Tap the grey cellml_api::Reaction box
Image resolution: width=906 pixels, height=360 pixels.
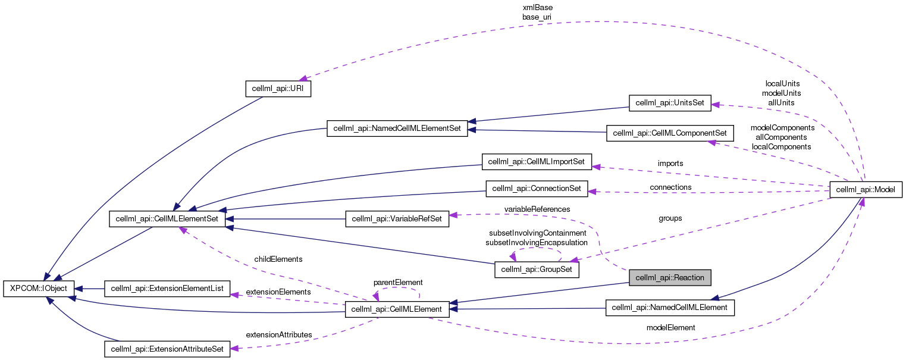click(670, 277)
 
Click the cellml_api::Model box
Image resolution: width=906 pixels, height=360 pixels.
click(866, 190)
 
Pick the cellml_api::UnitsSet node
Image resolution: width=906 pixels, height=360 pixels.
click(670, 102)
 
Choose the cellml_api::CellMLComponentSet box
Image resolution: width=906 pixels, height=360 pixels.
click(670, 133)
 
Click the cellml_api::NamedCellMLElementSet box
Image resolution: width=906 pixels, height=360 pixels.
click(397, 129)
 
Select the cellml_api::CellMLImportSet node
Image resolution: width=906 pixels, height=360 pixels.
click(536, 161)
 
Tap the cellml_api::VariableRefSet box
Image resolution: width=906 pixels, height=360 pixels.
click(397, 219)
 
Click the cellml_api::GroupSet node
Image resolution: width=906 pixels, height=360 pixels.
click(537, 270)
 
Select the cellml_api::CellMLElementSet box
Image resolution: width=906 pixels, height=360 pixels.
click(167, 219)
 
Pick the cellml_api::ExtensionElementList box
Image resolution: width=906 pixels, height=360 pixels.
click(167, 289)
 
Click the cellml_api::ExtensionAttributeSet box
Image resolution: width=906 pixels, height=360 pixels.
click(167, 349)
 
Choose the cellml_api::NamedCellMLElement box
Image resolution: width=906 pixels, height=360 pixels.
click(670, 308)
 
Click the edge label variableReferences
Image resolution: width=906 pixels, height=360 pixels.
click(537, 209)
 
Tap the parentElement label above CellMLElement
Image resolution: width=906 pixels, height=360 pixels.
click(397, 282)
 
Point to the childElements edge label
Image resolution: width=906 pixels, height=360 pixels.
click(278, 259)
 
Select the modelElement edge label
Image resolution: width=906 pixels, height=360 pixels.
click(670, 327)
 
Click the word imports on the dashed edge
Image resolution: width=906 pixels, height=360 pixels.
click(670, 163)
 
